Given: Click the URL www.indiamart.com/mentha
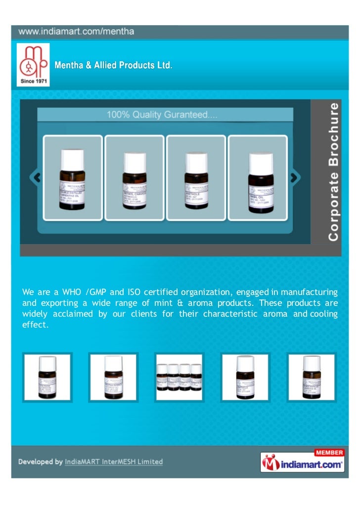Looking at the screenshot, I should (x=77, y=32).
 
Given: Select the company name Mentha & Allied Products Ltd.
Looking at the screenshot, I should (x=113, y=65).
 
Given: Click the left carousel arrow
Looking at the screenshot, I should (x=35, y=177).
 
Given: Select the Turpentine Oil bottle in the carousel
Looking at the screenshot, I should (x=73, y=177).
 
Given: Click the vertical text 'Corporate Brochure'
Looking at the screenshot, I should (x=334, y=171).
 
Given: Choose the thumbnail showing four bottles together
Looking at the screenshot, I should (x=179, y=378).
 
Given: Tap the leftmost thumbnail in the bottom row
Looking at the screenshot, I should (x=47, y=378).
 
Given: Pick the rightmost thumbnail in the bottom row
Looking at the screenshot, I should (x=312, y=378).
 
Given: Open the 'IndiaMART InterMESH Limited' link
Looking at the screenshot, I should (x=114, y=462).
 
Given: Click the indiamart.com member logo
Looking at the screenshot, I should (x=302, y=462).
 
